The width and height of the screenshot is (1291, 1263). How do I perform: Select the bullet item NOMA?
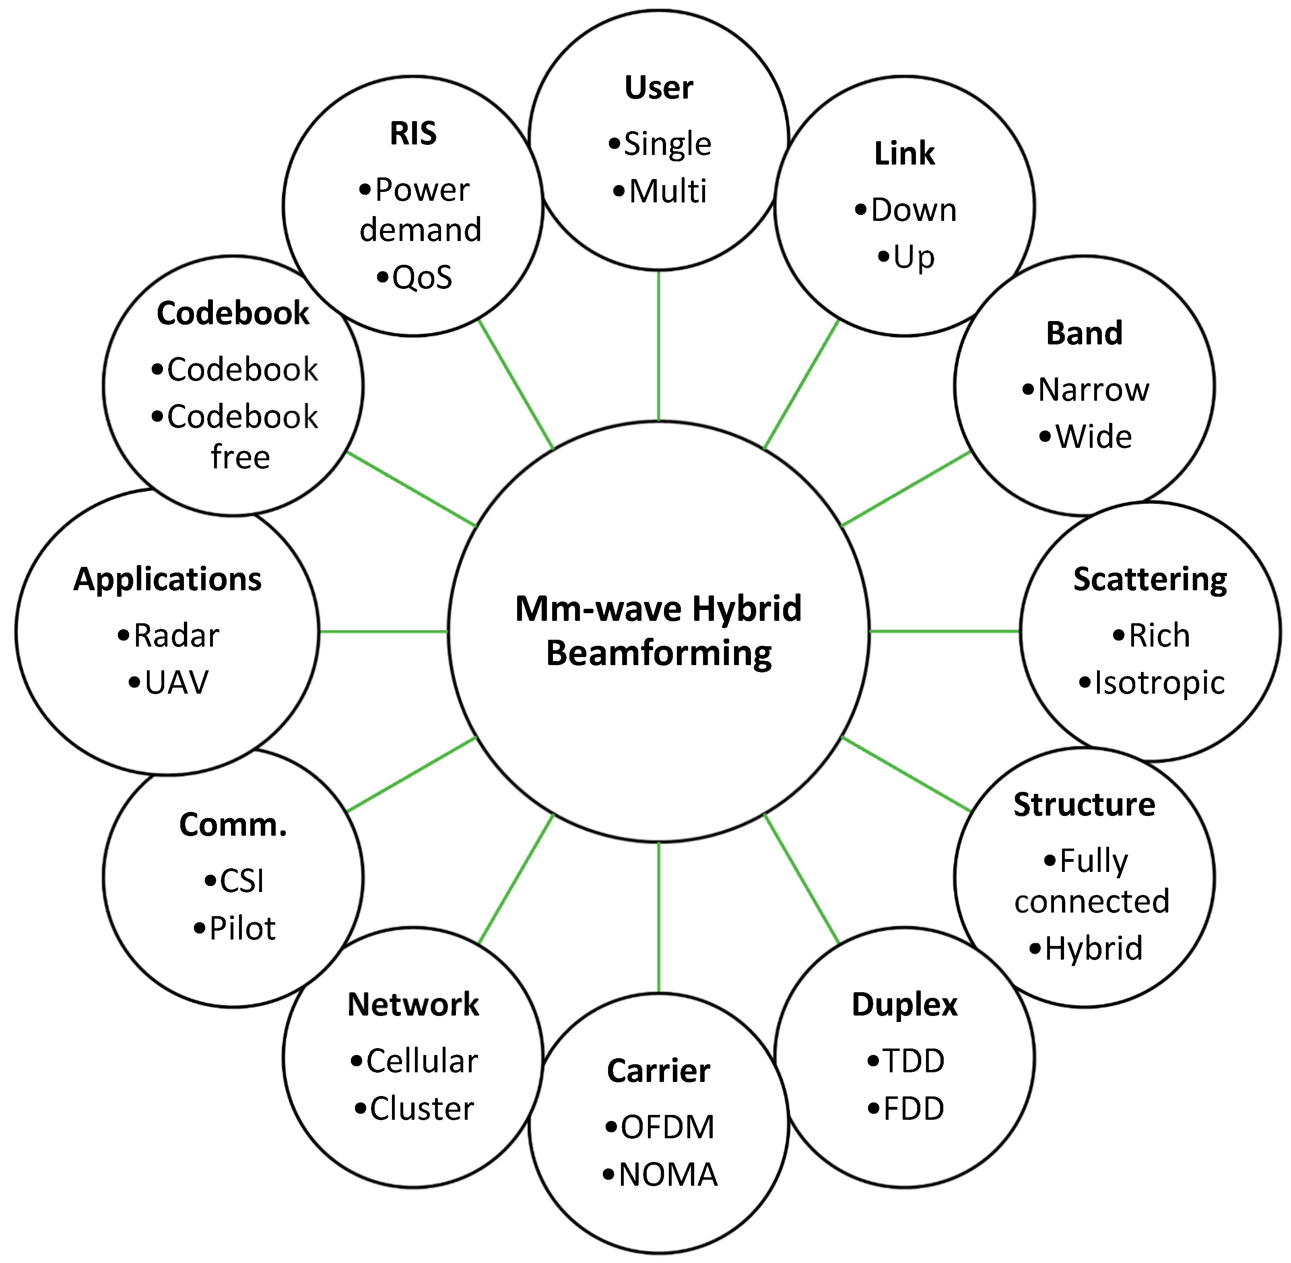tap(667, 1174)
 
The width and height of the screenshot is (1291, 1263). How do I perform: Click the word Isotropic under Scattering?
tap(1159, 682)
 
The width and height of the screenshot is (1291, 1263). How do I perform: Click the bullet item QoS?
tap(422, 277)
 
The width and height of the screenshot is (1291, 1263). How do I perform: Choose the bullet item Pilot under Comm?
tap(242, 928)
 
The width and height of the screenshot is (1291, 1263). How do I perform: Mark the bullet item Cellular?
tap(422, 1061)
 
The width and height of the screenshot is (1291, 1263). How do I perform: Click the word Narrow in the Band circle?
tap(1093, 389)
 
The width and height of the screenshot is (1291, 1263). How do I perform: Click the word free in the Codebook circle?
tap(240, 457)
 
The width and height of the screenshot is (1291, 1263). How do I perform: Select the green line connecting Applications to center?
tap(384, 632)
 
